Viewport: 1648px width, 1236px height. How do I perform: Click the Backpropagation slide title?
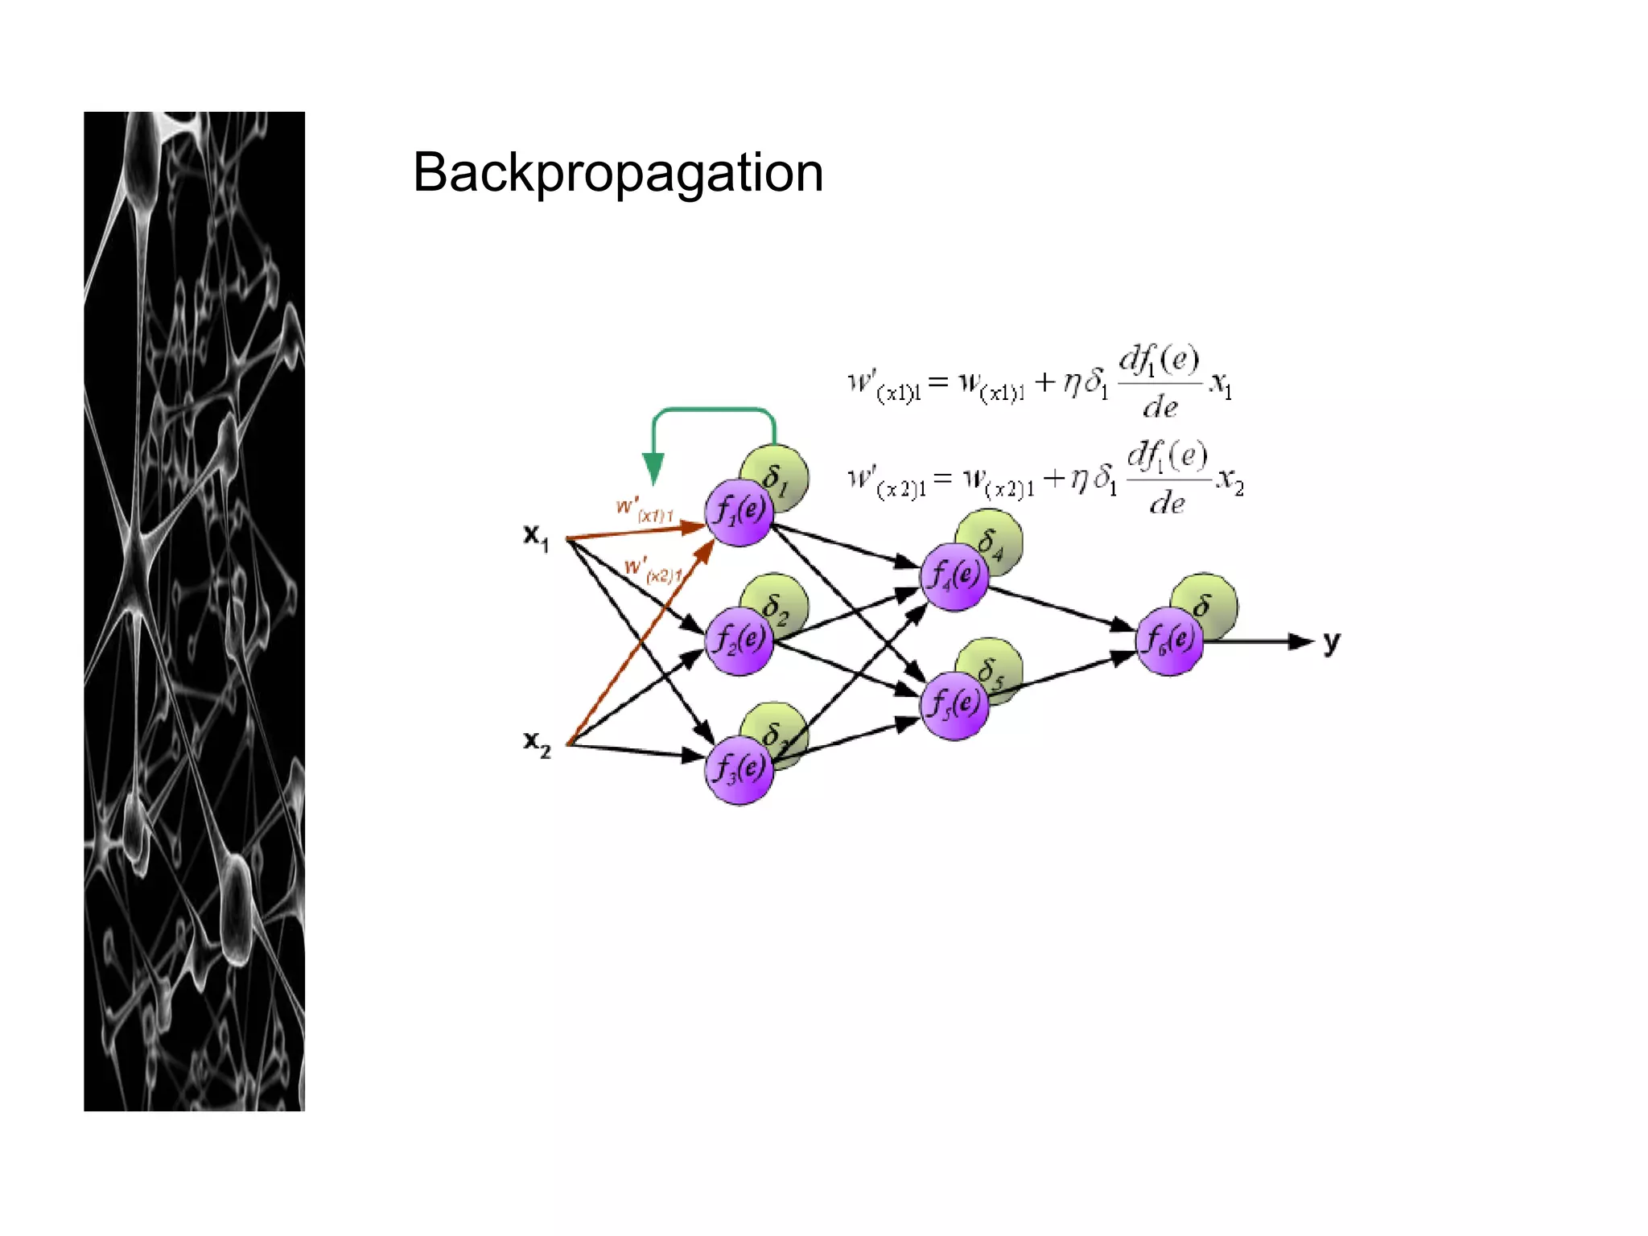click(617, 173)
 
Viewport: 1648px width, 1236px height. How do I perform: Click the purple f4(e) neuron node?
click(954, 576)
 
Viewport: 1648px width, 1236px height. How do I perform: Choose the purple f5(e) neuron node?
click(954, 705)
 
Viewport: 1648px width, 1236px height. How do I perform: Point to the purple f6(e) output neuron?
click(1169, 641)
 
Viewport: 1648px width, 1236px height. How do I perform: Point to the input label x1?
click(536, 536)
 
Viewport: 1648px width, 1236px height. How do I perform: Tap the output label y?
click(1332, 642)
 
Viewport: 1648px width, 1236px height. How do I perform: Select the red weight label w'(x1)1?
click(644, 510)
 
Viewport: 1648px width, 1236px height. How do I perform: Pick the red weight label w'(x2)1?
click(653, 570)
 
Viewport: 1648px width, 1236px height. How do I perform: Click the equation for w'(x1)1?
click(1039, 383)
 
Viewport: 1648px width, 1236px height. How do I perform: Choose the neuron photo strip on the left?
click(194, 612)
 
